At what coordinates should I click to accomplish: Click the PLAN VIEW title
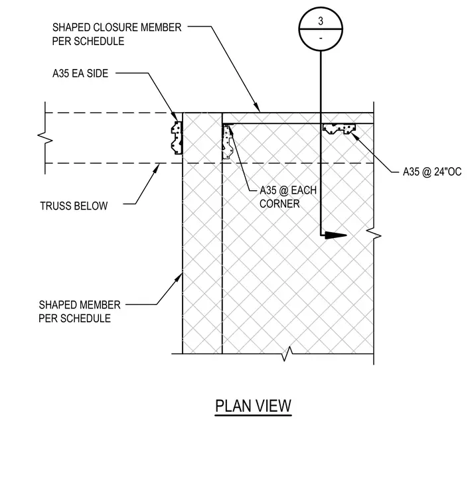pos(253,406)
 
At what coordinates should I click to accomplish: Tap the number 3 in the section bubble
pos(321,21)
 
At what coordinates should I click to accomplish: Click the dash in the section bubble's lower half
pos(321,38)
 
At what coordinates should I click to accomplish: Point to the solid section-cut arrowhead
pos(335,235)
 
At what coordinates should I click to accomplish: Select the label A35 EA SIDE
pos(80,74)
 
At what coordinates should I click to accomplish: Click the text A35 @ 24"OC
pos(432,172)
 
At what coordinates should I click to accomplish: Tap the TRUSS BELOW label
pos(74,206)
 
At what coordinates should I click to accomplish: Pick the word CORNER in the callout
pos(279,204)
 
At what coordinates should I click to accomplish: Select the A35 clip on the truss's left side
pos(177,137)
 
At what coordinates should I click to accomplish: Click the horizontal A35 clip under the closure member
pos(339,129)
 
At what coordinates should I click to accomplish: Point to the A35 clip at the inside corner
pos(228,142)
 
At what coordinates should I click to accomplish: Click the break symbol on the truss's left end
pos(45,138)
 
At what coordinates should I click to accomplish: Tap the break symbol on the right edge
pos(374,235)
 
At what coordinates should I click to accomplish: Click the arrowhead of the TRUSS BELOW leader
pos(157,168)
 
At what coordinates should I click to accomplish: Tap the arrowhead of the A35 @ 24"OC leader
pos(354,136)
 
